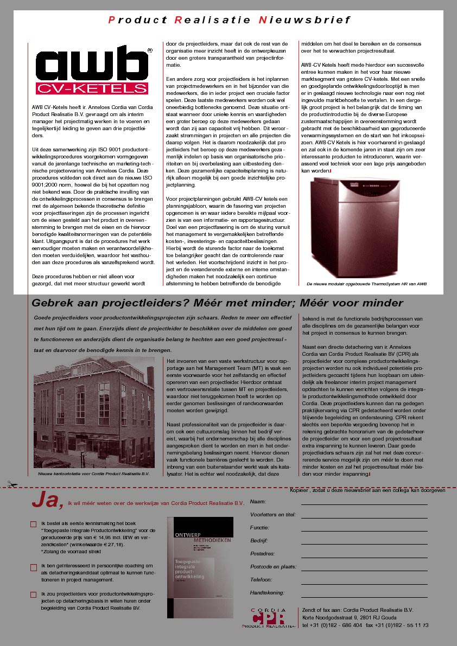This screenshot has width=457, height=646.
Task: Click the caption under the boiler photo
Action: coord(367,284)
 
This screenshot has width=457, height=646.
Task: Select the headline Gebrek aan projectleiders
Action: coord(217,303)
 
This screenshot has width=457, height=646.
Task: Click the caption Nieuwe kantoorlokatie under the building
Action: coord(93,474)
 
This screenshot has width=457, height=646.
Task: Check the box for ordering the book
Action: coord(33,524)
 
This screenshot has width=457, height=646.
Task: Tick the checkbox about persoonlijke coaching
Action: coord(33,567)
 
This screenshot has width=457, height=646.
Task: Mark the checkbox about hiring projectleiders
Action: coord(33,594)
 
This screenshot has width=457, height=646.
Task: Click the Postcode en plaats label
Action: coord(273,566)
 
